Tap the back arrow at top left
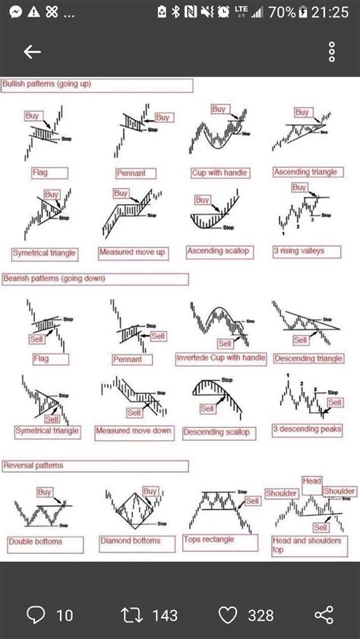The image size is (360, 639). click(x=32, y=52)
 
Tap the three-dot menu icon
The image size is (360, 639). click(x=332, y=52)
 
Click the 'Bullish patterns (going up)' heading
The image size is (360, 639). click(x=47, y=83)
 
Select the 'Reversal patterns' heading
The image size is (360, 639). click(x=33, y=464)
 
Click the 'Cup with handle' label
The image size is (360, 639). click(x=220, y=172)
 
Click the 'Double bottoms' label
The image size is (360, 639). click(x=36, y=542)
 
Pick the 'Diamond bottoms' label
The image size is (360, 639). click(x=131, y=541)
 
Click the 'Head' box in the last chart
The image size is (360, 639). click(x=312, y=480)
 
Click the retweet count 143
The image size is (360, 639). click(x=164, y=615)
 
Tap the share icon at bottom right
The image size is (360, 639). click(x=324, y=615)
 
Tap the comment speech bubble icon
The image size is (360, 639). click(x=36, y=615)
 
